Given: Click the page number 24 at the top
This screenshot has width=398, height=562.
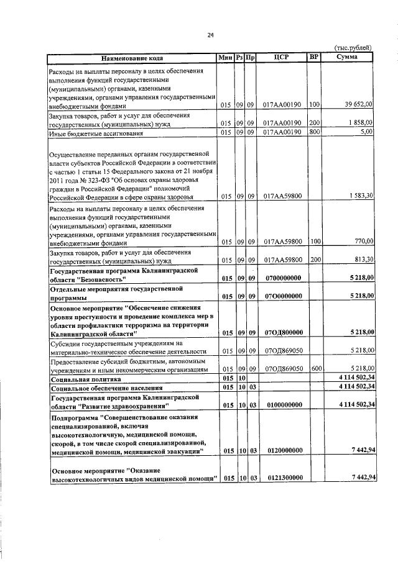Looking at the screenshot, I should pos(211,35).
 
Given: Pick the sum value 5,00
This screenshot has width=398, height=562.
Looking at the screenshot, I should pos(366,132).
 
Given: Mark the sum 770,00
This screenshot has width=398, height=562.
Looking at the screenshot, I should pos(363,241).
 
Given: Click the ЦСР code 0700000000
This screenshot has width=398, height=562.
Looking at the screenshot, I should pos(282,278).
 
